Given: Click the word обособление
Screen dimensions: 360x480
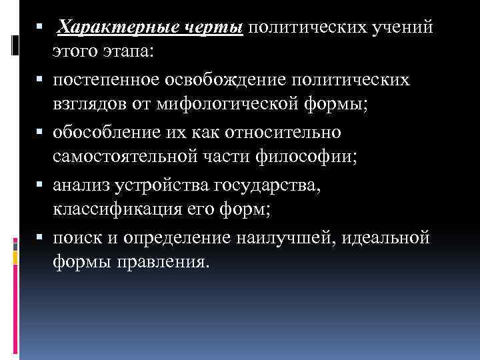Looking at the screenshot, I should (x=106, y=133).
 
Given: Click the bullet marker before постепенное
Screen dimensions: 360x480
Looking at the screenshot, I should (x=42, y=81).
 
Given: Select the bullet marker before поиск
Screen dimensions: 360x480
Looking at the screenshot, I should (x=42, y=237).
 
